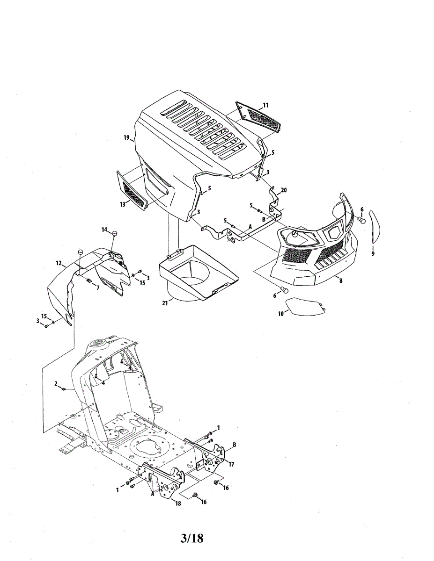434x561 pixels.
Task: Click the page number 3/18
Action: pyautogui.click(x=192, y=538)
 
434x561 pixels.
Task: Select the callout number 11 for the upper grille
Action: pyautogui.click(x=265, y=106)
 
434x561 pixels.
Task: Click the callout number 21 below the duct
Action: pyautogui.click(x=165, y=303)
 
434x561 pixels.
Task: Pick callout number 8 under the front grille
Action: pyautogui.click(x=340, y=280)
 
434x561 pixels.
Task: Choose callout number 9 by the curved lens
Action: pyautogui.click(x=373, y=254)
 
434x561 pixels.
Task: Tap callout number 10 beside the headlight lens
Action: pyautogui.click(x=281, y=314)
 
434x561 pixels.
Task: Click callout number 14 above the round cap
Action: pyautogui.click(x=105, y=229)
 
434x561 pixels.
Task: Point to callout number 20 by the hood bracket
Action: pyautogui.click(x=283, y=190)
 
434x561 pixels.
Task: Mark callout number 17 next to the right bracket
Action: pyautogui.click(x=231, y=464)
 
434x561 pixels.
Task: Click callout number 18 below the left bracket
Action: pyautogui.click(x=177, y=503)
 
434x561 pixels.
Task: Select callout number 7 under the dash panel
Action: pyautogui.click(x=97, y=288)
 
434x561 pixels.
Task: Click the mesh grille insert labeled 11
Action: pyautogui.click(x=258, y=117)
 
